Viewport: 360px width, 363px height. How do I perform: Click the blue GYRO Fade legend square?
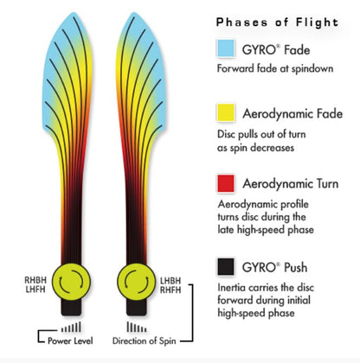click(x=226, y=48)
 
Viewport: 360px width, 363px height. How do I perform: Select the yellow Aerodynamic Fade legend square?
click(x=226, y=112)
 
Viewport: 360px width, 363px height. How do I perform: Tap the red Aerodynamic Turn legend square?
click(x=226, y=183)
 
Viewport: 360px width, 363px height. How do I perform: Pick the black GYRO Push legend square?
click(x=226, y=266)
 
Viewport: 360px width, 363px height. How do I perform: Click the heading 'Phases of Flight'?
click(x=277, y=22)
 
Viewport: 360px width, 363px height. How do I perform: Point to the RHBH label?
click(x=35, y=280)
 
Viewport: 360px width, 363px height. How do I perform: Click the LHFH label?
click(x=35, y=289)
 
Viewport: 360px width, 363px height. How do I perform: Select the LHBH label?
click(x=170, y=281)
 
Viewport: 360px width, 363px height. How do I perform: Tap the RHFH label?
click(x=170, y=290)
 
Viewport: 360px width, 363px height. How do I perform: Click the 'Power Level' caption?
click(x=70, y=341)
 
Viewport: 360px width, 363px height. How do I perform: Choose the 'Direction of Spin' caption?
click(x=144, y=341)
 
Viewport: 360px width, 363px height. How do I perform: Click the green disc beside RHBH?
click(x=71, y=282)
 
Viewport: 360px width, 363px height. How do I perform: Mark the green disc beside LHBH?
click(x=137, y=282)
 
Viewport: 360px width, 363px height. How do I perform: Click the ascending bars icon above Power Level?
click(x=71, y=327)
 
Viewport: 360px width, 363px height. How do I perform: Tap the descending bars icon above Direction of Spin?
click(x=137, y=327)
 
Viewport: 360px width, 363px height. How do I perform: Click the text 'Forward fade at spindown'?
click(x=275, y=68)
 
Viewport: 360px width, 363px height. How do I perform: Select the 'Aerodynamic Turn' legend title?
click(x=291, y=183)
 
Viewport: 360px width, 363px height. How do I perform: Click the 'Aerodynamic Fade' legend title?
click(x=292, y=113)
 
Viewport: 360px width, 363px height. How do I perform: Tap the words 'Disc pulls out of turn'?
click(x=261, y=134)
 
